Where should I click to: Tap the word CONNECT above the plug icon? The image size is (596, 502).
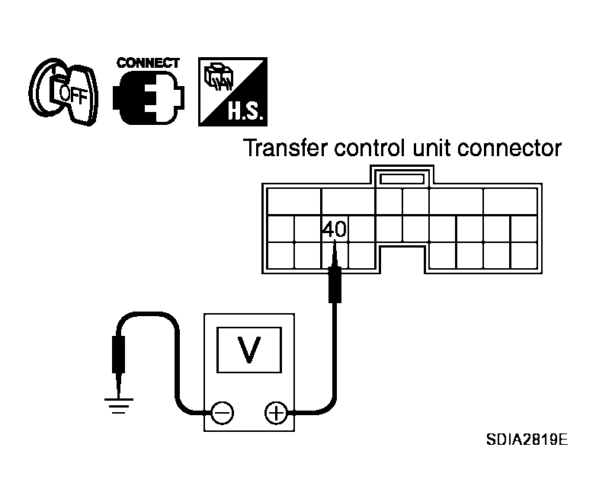click(148, 62)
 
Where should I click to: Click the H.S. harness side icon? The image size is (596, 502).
click(231, 91)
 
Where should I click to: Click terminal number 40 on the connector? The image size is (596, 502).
click(333, 229)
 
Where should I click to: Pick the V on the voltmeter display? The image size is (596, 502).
click(248, 349)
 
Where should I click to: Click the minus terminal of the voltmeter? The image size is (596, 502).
click(222, 413)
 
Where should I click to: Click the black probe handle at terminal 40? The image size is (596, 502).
click(333, 284)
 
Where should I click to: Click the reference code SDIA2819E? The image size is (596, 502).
click(527, 441)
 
